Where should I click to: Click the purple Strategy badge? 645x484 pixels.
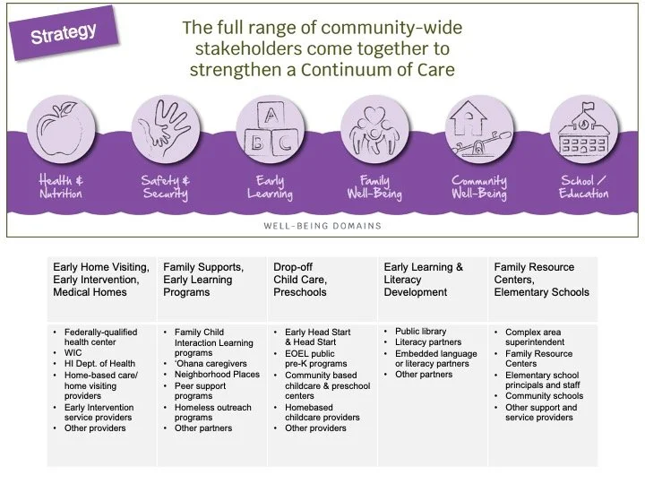click(x=64, y=35)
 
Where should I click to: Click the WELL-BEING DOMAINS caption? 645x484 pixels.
click(x=323, y=226)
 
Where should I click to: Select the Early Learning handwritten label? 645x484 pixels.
click(x=268, y=187)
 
